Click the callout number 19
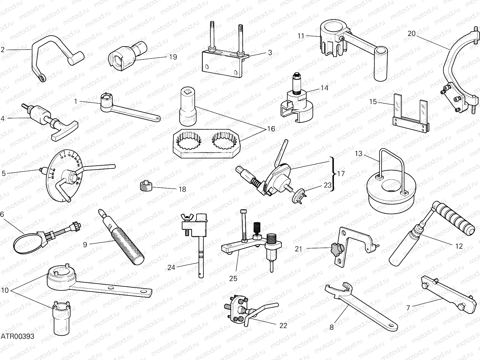(x=173, y=57)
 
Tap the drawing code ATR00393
(x=17, y=336)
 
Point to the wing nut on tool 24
(x=184, y=217)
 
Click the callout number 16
(x=271, y=129)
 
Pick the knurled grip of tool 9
(x=129, y=243)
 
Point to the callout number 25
(x=233, y=278)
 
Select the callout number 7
(x=408, y=308)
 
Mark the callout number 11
(x=301, y=36)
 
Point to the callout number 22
(x=283, y=325)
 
